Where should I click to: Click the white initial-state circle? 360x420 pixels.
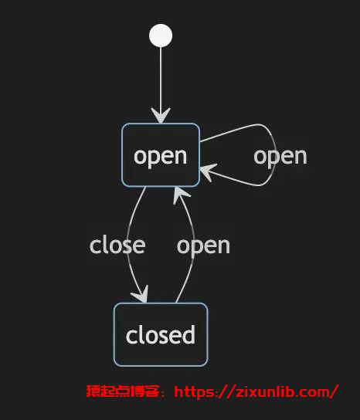point(161,36)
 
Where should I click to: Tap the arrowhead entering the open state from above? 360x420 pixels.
point(161,116)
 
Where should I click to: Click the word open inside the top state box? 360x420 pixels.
point(160,157)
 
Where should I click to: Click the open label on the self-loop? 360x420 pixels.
point(280,157)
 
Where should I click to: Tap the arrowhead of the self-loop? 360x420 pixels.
point(209,171)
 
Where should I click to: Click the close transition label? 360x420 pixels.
point(117,246)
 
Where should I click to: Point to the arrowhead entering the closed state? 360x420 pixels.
point(141,294)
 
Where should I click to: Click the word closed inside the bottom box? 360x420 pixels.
point(160,335)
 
